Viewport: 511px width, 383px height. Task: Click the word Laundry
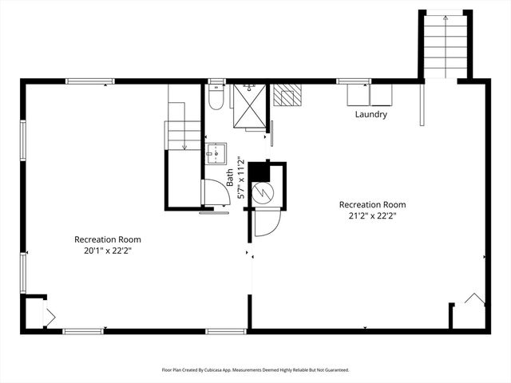pos(371,114)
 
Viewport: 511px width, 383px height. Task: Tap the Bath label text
pos(229,176)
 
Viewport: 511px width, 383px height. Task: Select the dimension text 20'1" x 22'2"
pos(108,251)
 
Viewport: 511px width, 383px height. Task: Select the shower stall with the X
pos(248,104)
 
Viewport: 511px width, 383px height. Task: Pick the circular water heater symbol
pos(263,191)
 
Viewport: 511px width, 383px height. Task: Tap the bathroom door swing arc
pos(214,192)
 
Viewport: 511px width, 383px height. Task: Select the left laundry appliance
pos(358,96)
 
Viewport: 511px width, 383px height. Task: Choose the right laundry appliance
pos(381,96)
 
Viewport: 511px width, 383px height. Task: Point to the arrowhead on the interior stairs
pos(184,147)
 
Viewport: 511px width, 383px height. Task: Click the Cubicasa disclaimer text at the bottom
pos(255,369)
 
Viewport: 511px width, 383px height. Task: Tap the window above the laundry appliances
pos(353,81)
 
